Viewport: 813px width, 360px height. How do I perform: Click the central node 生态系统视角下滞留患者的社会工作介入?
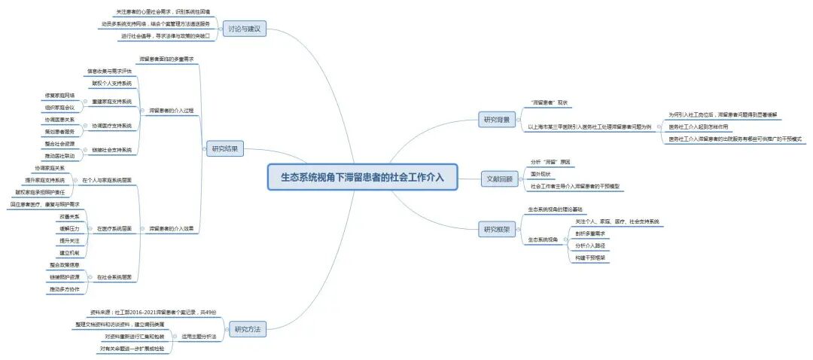(x=362, y=177)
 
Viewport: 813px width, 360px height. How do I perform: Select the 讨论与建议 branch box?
(x=244, y=29)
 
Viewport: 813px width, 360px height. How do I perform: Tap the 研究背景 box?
(x=497, y=119)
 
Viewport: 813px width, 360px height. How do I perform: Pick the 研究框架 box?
(x=497, y=229)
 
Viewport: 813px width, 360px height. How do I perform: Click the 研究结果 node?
(x=224, y=149)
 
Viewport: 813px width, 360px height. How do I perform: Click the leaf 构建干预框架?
(x=591, y=258)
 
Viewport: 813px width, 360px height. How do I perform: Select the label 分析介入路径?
(x=591, y=246)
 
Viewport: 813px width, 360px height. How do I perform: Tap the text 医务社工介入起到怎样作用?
(x=698, y=127)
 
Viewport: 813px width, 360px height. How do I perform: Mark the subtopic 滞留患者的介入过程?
(x=171, y=110)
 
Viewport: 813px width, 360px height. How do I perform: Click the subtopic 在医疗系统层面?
(x=114, y=228)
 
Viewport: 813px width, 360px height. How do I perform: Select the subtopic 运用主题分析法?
(x=199, y=336)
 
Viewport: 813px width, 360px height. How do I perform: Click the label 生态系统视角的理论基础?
(x=554, y=209)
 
